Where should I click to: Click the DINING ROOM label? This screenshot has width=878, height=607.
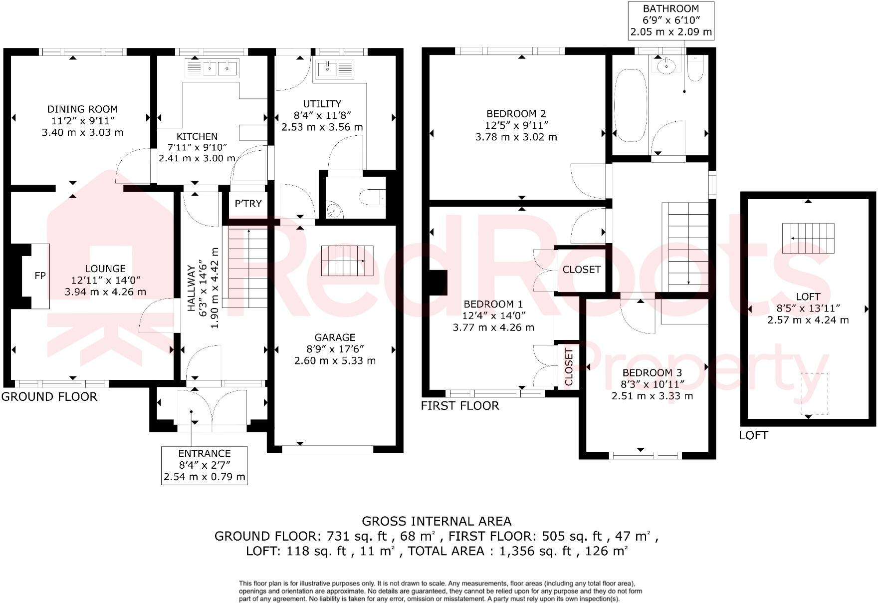point(82,109)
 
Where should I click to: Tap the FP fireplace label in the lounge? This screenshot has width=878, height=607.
point(40,276)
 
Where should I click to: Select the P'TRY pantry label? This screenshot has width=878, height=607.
point(248,204)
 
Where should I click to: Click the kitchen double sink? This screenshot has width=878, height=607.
point(218,67)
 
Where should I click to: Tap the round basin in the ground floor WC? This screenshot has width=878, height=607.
point(334,211)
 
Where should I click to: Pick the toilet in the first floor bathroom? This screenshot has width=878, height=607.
point(695,68)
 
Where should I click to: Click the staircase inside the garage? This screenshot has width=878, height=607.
point(347,261)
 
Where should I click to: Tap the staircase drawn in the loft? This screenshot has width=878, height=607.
point(808,238)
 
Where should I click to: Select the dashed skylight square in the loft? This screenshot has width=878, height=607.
point(814,394)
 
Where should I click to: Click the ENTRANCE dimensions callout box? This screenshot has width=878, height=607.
point(205,465)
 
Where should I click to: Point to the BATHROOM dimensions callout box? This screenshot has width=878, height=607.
point(670,20)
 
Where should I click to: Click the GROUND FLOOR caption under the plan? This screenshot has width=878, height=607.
point(49,397)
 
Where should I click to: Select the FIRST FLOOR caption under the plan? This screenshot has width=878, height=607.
point(460,406)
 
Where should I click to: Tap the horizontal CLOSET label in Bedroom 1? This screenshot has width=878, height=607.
point(581,270)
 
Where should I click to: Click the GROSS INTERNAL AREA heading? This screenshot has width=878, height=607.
point(437,522)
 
